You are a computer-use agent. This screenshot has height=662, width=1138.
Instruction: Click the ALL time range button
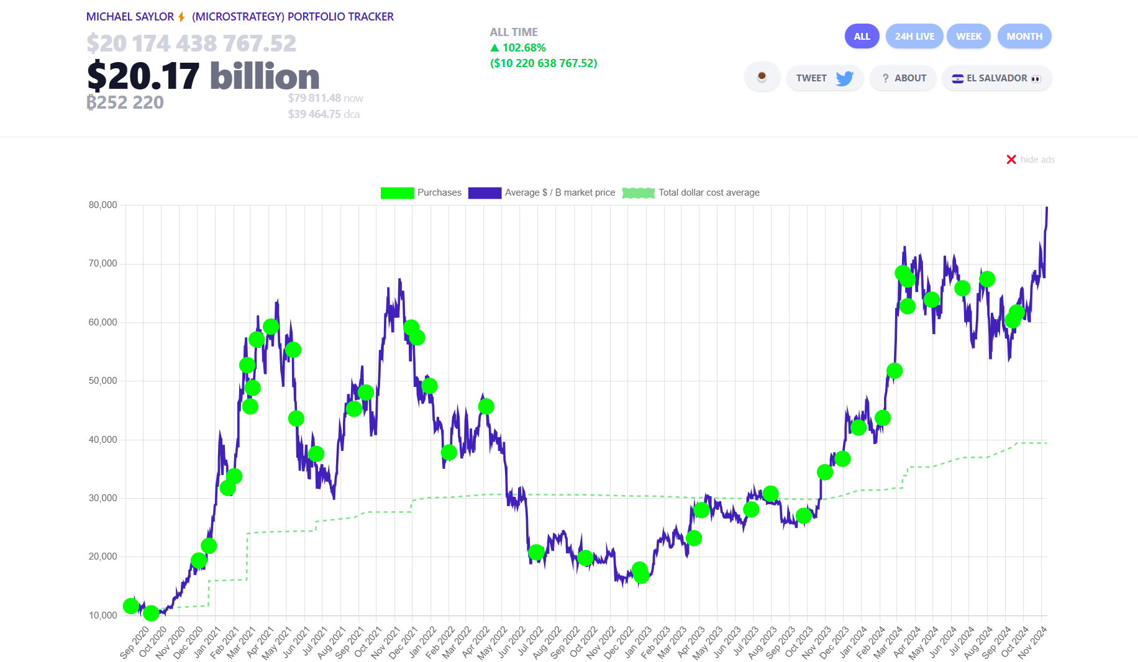[x=862, y=36]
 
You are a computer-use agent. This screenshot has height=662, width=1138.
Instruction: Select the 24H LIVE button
[x=914, y=36]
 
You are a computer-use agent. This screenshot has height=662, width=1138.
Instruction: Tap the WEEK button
[x=968, y=36]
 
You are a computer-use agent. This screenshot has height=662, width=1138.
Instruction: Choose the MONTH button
[x=1024, y=36]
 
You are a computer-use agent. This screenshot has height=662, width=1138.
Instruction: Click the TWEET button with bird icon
[x=824, y=78]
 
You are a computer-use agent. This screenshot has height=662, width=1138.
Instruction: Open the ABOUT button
[x=903, y=78]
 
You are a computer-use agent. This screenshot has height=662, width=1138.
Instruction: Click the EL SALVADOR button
[x=996, y=78]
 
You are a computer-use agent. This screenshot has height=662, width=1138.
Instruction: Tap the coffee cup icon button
[x=762, y=78]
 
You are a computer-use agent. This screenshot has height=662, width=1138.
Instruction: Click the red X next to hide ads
[x=1011, y=160]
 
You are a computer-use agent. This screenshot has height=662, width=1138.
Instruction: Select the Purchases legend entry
[x=421, y=193]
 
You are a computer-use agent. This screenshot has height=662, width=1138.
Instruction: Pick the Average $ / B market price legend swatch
[x=485, y=193]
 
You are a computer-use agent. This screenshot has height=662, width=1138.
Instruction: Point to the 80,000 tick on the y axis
[x=102, y=205]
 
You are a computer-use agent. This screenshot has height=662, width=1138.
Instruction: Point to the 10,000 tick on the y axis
[x=102, y=615]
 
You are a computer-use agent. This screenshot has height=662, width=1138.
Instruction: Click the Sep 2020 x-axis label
[x=134, y=643]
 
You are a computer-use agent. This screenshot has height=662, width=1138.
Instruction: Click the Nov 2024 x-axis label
[x=1032, y=643]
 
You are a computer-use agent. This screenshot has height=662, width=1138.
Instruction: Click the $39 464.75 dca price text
[x=323, y=114]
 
